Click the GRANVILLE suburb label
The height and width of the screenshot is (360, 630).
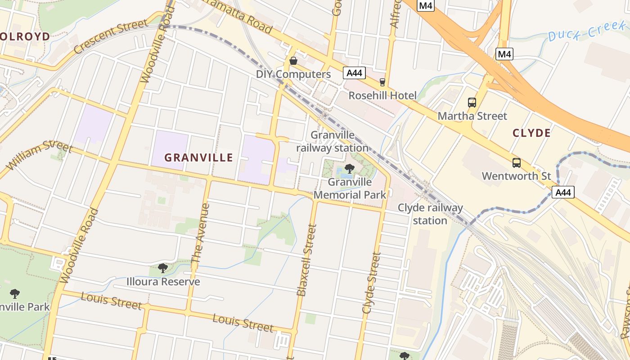[198, 157]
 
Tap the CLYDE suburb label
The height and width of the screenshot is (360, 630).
[531, 133]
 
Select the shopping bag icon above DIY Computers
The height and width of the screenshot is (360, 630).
[293, 60]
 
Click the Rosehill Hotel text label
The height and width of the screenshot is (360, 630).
[382, 95]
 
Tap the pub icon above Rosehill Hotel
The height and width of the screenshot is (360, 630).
[382, 82]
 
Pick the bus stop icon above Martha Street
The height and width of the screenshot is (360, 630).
[472, 103]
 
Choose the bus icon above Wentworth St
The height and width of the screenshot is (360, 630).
[516, 163]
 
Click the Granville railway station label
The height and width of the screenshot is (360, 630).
[333, 141]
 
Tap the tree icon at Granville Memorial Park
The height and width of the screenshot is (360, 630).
[349, 169]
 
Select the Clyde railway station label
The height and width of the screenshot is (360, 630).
[430, 214]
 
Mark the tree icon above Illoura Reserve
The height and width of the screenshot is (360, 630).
[163, 269]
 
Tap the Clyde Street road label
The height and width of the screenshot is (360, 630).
[372, 283]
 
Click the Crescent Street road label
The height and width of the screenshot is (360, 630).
[110, 36]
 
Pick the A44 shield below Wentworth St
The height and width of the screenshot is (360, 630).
[563, 193]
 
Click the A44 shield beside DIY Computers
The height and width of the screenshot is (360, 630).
[354, 73]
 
